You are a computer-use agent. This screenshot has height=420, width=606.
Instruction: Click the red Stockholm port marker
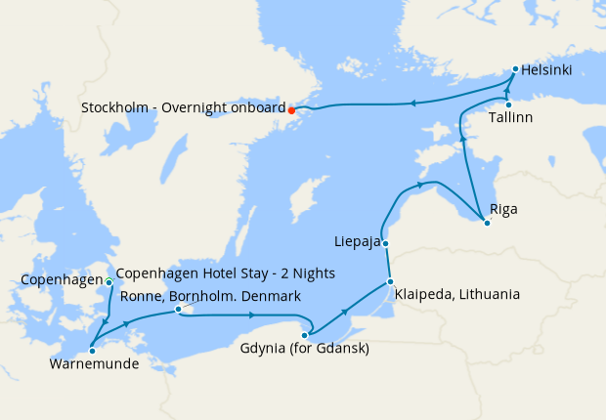(291, 109)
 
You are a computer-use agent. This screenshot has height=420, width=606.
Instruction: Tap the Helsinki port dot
(515, 69)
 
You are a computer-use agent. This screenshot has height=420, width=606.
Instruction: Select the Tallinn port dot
(508, 105)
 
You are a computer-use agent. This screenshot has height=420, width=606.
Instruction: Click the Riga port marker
(487, 223)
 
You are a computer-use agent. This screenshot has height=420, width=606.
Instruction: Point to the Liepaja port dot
(386, 243)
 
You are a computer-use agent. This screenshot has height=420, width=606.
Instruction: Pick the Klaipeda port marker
(390, 282)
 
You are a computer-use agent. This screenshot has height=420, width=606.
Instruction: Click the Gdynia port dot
(304, 335)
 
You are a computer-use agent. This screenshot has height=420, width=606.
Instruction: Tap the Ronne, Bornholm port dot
(178, 310)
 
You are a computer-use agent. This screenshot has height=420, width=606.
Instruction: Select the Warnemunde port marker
(91, 350)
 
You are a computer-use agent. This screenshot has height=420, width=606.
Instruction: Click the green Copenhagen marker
(108, 282)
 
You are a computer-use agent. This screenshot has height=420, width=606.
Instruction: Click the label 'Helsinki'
(546, 70)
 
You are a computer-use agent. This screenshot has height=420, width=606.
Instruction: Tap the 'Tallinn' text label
(510, 118)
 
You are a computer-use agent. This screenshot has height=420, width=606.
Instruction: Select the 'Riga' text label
(504, 209)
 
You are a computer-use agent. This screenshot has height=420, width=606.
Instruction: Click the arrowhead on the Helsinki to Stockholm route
(412, 102)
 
